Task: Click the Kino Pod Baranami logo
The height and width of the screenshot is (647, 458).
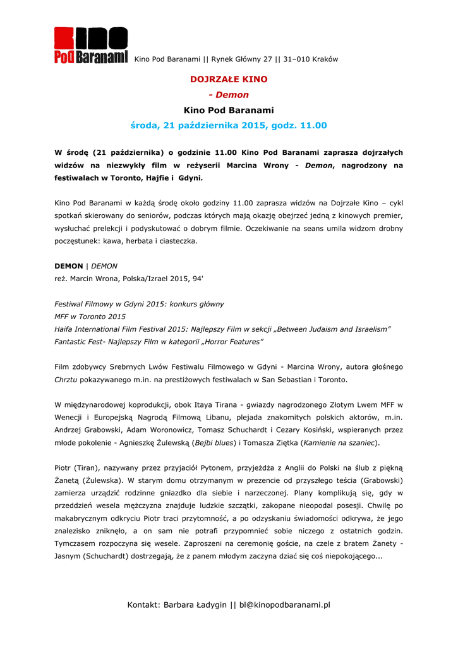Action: [x=90, y=45]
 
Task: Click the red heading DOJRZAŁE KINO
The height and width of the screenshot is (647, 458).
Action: [x=229, y=80]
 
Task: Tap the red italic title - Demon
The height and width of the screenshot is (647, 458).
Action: [x=229, y=95]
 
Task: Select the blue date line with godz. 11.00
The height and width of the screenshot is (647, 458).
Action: [x=229, y=126]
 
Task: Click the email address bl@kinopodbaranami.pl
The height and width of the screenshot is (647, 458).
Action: [x=284, y=605]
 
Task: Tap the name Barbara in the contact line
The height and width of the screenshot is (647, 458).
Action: [x=180, y=605]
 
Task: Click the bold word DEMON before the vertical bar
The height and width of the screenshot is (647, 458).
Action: [x=69, y=266]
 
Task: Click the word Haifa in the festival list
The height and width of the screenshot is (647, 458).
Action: [x=65, y=329]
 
